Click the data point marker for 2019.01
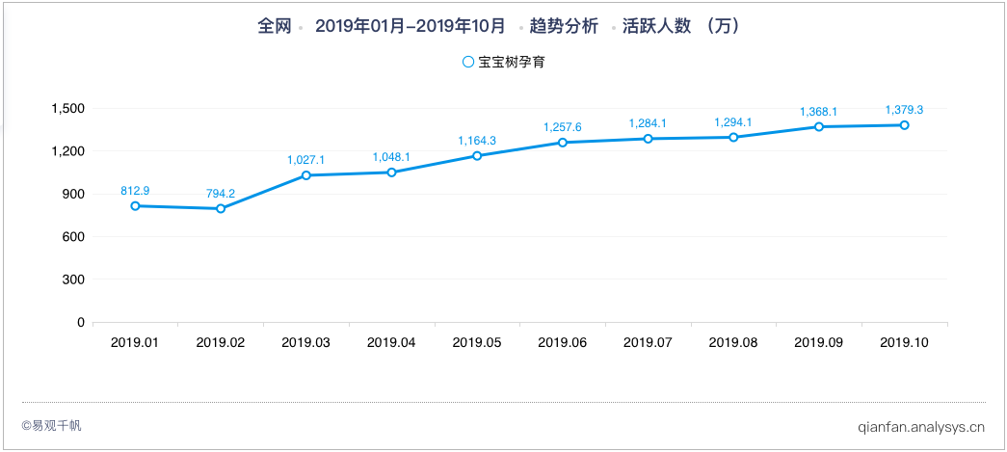tap(135, 206)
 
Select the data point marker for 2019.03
tap(306, 175)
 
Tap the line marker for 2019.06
tap(563, 143)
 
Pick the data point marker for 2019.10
tap(904, 125)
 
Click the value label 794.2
tap(221, 194)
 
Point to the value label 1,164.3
tap(477, 141)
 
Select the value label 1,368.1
tap(818, 112)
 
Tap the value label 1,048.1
tap(391, 157)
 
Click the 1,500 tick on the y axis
tap(66, 108)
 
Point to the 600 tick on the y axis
tap(73, 237)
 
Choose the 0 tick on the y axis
tap(81, 323)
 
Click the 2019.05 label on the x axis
tap(477, 342)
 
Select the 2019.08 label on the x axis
tap(732, 342)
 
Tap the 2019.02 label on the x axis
tap(221, 342)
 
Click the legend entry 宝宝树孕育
tap(511, 62)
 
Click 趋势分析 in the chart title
tap(564, 27)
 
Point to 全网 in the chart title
tap(274, 27)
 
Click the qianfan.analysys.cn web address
tap(920, 425)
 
